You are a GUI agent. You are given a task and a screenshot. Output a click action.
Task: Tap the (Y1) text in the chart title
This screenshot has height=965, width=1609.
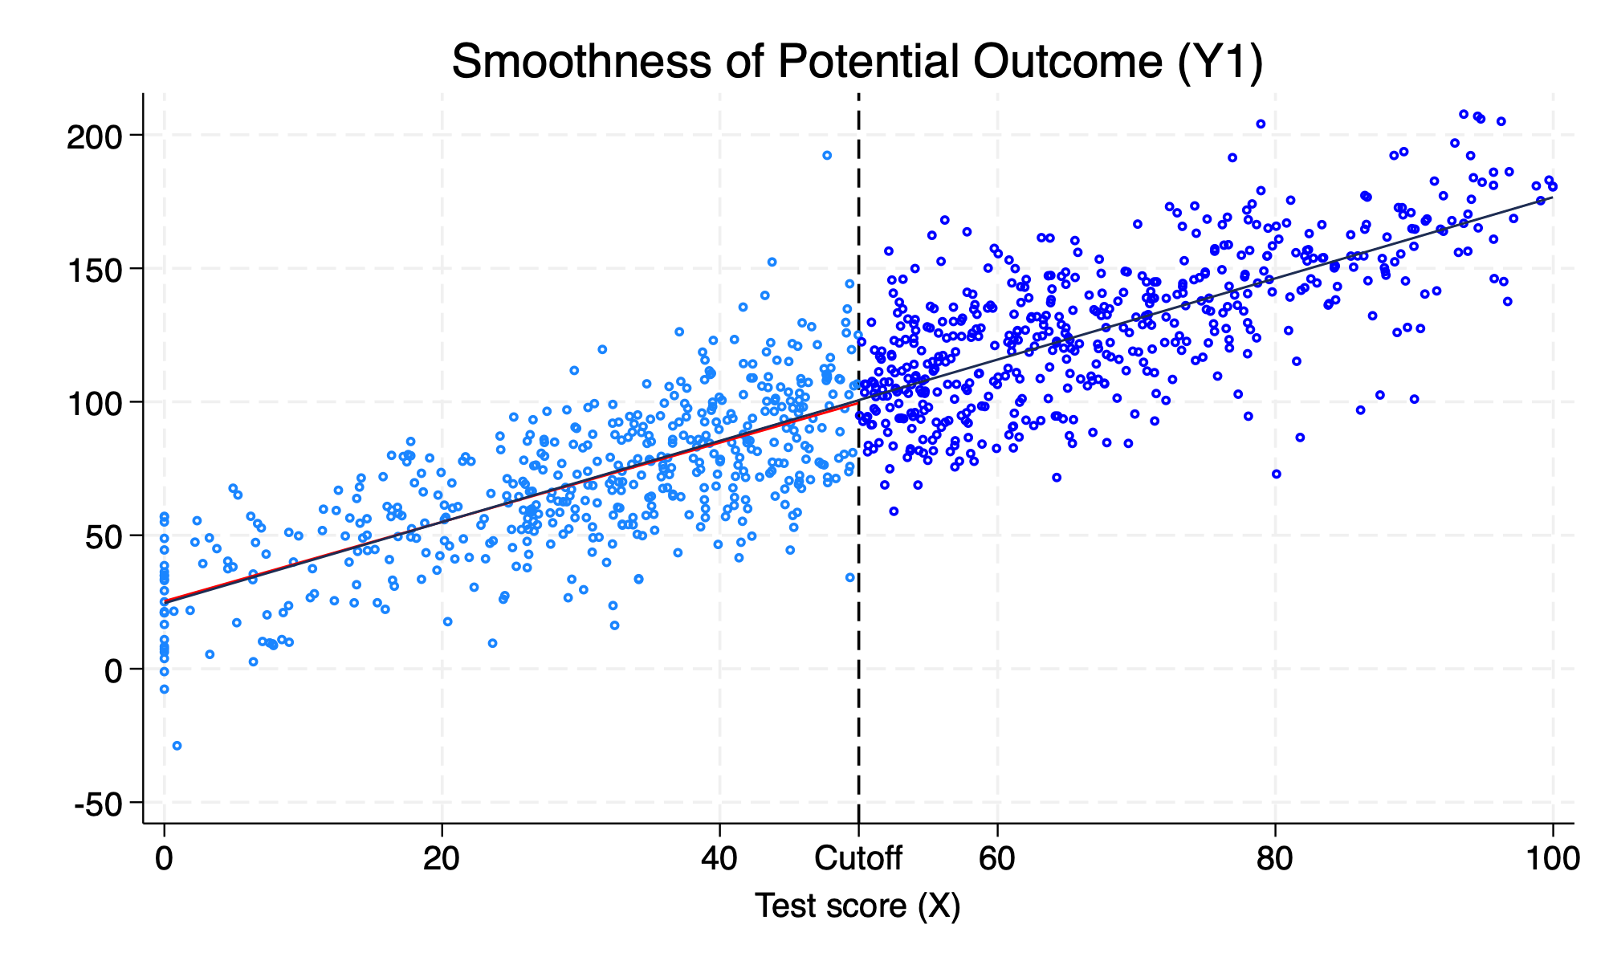[x=1220, y=62]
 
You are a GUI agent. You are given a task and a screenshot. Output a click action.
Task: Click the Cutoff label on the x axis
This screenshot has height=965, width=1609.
[x=858, y=859]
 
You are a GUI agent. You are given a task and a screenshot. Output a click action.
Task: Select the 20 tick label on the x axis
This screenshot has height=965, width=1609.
[x=442, y=859]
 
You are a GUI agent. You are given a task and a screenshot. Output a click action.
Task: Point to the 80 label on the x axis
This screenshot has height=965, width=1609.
[x=1274, y=859]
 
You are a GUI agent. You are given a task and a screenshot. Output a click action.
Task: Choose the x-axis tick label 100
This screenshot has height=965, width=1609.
[x=1552, y=859]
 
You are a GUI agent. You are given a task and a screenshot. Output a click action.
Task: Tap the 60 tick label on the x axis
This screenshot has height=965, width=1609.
[x=996, y=859]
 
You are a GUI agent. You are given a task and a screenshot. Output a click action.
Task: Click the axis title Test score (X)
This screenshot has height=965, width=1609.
[x=857, y=906]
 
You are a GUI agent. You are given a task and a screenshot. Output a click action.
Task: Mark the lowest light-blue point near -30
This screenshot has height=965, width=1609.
[x=177, y=746]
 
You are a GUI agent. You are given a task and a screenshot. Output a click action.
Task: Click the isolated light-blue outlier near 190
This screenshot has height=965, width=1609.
[x=827, y=155]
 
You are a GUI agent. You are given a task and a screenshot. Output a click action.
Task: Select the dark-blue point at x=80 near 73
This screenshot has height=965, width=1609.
[x=1277, y=474]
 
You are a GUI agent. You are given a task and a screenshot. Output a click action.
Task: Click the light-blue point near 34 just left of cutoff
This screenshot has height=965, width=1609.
[x=850, y=577]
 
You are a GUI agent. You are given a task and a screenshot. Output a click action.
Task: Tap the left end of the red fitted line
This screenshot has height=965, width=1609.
[x=165, y=601]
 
